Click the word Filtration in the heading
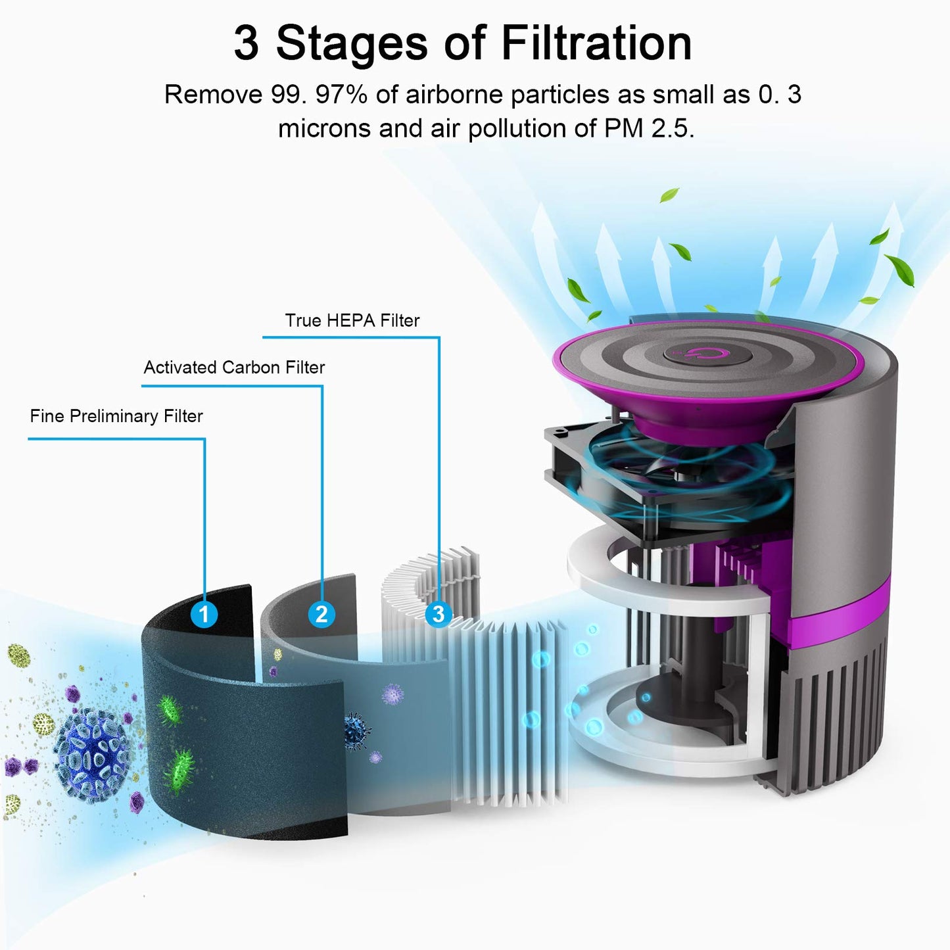pyautogui.click(x=596, y=43)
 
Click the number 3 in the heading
pyautogui.click(x=246, y=44)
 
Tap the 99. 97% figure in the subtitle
pyautogui.click(x=319, y=94)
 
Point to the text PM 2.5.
pyautogui.click(x=649, y=128)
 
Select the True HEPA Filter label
pyautogui.click(x=352, y=320)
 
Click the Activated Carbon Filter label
pyautogui.click(x=234, y=368)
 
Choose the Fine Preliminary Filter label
pyautogui.click(x=116, y=416)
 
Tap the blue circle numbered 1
pyautogui.click(x=204, y=614)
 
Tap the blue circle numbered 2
pyautogui.click(x=321, y=614)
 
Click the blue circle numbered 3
pyautogui.click(x=439, y=614)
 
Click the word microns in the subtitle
pyautogui.click(x=324, y=128)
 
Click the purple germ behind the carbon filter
pyautogui.click(x=393, y=694)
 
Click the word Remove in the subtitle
pyautogui.click(x=214, y=94)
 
